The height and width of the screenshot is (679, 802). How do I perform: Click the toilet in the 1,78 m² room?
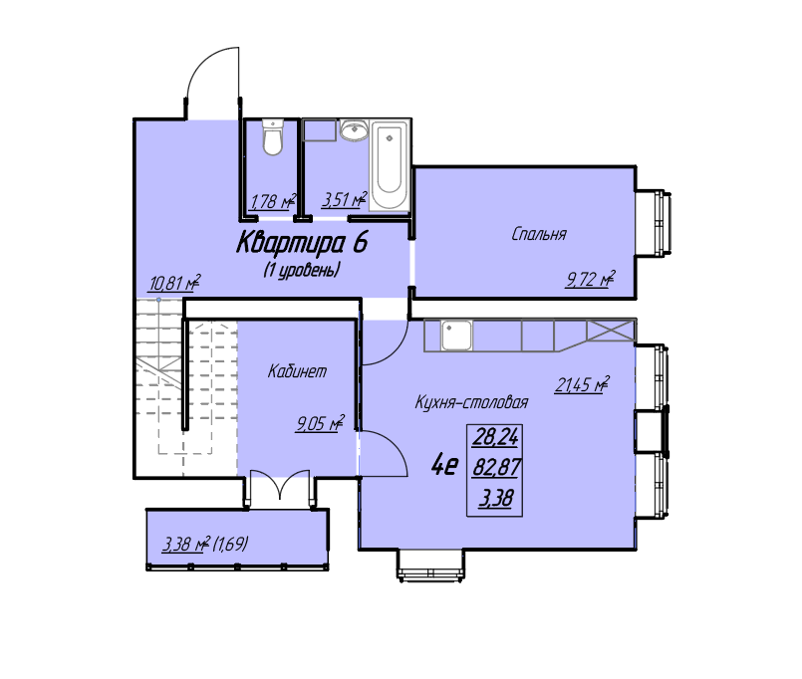pyautogui.click(x=273, y=137)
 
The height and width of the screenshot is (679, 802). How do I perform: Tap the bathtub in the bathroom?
pyautogui.click(x=390, y=165)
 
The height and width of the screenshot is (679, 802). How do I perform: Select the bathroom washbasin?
pyautogui.click(x=354, y=130)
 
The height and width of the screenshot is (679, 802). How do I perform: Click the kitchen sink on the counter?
pyautogui.click(x=456, y=335)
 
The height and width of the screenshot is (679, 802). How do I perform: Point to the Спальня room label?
pyautogui.click(x=539, y=234)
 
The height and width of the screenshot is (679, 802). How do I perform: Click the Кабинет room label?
pyautogui.click(x=297, y=371)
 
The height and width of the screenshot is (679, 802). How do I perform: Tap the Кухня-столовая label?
pyautogui.click(x=471, y=402)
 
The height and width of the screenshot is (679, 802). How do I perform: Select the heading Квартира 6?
pyautogui.click(x=302, y=242)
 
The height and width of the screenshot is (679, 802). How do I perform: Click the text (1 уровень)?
pyautogui.click(x=302, y=270)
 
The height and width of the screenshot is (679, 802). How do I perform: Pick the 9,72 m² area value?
pyautogui.click(x=590, y=279)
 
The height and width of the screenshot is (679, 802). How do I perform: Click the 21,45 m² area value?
pyautogui.click(x=583, y=384)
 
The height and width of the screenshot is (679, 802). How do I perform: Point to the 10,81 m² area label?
pyautogui.click(x=174, y=283)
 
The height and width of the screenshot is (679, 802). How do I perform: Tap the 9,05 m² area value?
pyautogui.click(x=320, y=423)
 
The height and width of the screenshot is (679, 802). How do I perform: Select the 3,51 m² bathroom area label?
pyautogui.click(x=345, y=200)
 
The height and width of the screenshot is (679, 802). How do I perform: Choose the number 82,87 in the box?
pyautogui.click(x=496, y=467)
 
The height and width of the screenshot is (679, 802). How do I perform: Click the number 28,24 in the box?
pyautogui.click(x=496, y=437)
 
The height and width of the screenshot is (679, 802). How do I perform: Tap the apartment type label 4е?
pyautogui.click(x=445, y=465)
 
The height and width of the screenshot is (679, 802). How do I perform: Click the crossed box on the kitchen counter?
pyautogui.click(x=610, y=331)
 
